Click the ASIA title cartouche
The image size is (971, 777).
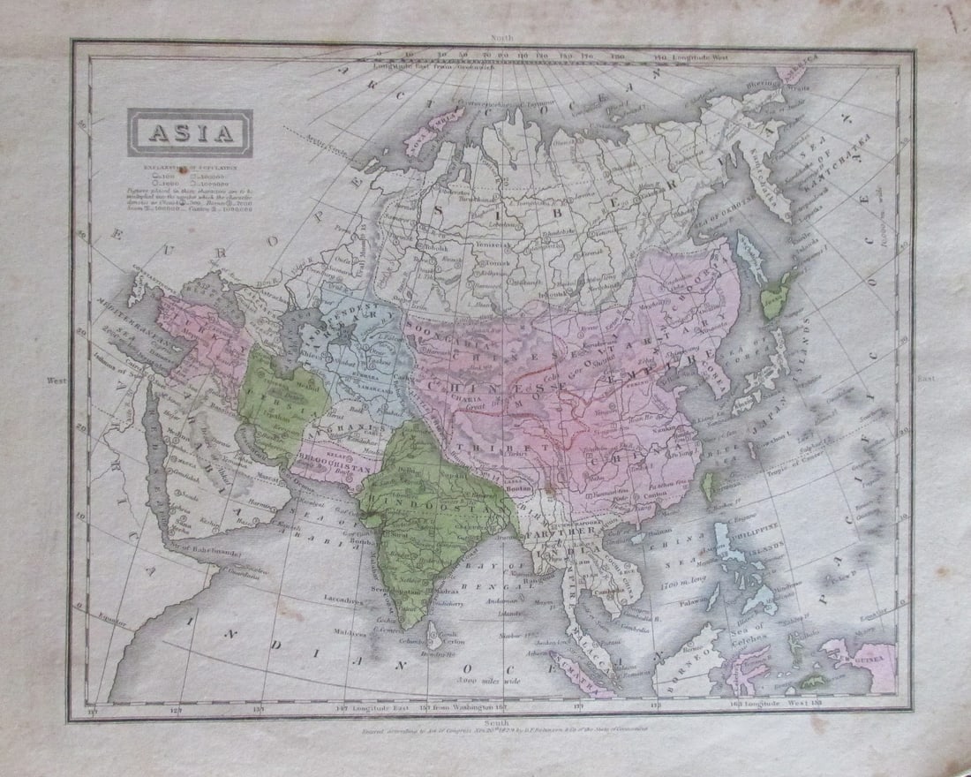coord(190,133)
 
